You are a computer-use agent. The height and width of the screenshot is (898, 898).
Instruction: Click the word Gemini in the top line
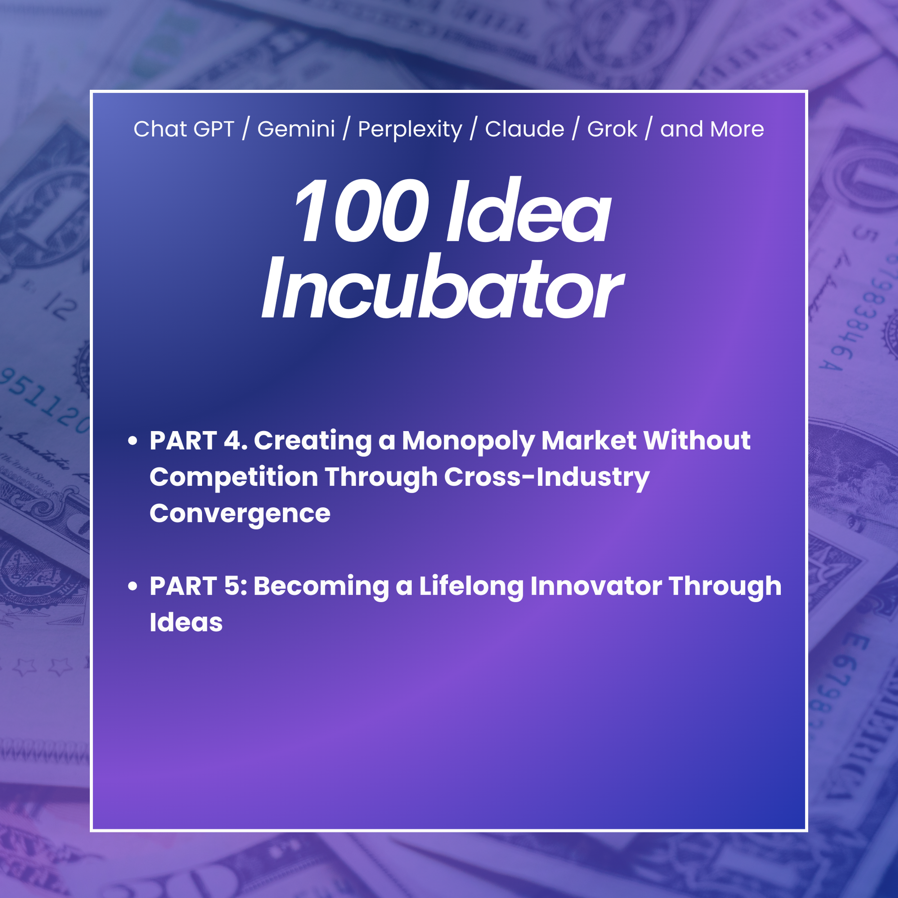296,129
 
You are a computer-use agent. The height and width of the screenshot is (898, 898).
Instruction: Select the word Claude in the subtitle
524,129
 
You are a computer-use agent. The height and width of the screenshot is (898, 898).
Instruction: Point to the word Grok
612,129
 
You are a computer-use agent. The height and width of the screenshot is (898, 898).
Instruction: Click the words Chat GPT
184,129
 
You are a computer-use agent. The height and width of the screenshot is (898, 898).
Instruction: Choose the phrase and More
712,129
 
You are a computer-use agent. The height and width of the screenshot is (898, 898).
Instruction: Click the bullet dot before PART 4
132,441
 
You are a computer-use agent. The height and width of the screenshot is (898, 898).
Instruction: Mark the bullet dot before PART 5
132,586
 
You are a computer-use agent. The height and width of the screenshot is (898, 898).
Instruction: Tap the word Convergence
240,514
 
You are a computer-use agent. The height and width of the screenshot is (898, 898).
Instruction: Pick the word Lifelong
471,587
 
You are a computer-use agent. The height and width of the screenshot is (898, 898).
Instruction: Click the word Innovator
596,586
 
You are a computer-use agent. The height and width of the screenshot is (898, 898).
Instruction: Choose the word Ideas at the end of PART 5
186,622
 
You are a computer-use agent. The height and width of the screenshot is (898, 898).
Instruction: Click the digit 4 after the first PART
232,441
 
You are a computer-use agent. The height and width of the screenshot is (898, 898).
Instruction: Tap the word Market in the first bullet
589,441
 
